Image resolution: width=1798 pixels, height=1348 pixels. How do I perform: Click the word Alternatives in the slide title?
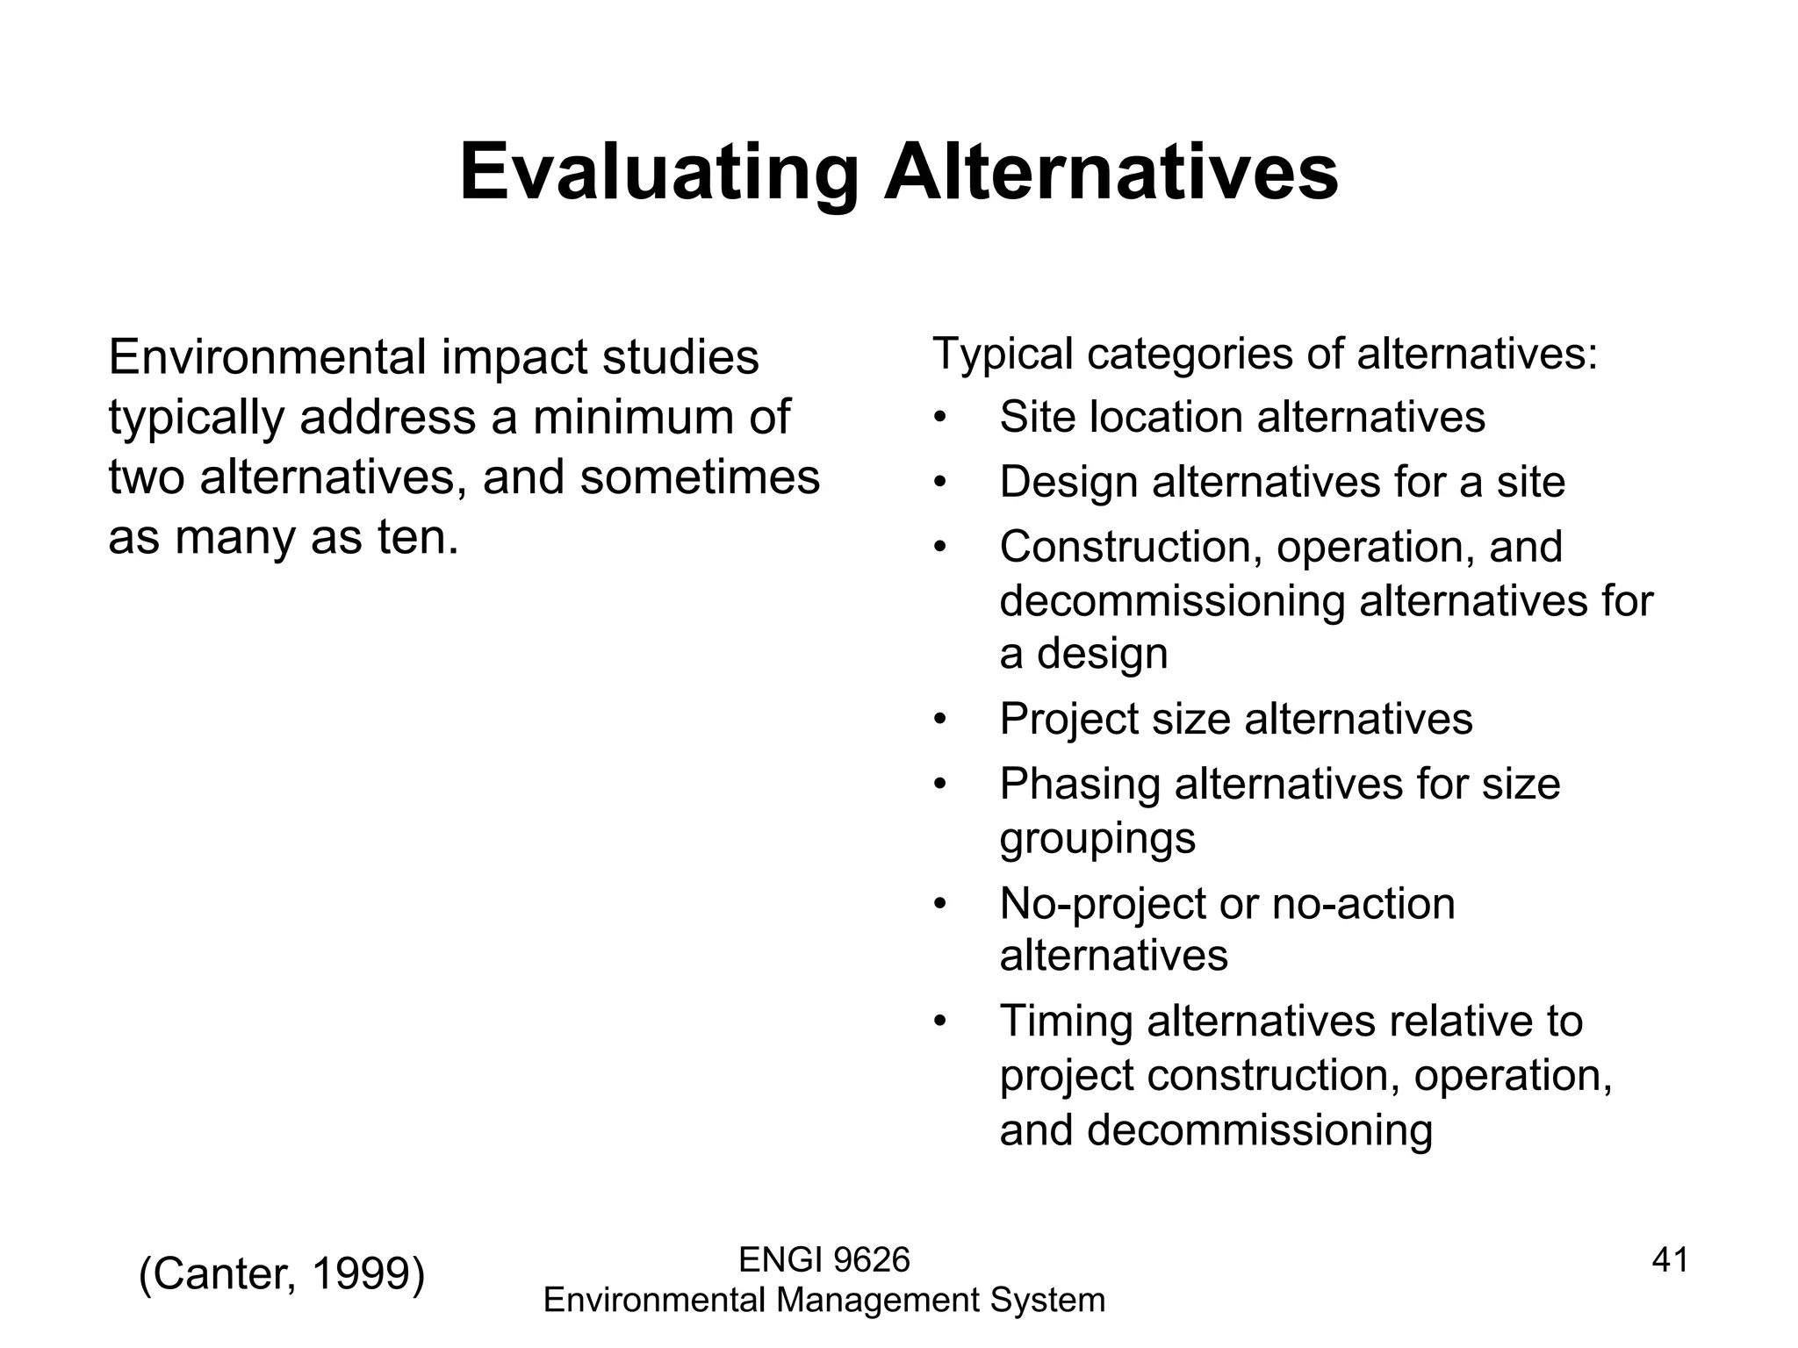[x=1111, y=172]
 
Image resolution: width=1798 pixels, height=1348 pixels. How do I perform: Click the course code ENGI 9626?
[x=824, y=1260]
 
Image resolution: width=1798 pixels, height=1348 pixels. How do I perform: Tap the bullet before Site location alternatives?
[x=940, y=418]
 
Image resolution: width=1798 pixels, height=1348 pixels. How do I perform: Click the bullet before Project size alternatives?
[x=940, y=721]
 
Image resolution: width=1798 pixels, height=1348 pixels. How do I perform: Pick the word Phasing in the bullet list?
[x=1079, y=784]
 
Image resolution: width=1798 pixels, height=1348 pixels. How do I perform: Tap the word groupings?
[x=1097, y=838]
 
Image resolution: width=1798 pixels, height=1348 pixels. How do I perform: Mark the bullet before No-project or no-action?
[x=940, y=905]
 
